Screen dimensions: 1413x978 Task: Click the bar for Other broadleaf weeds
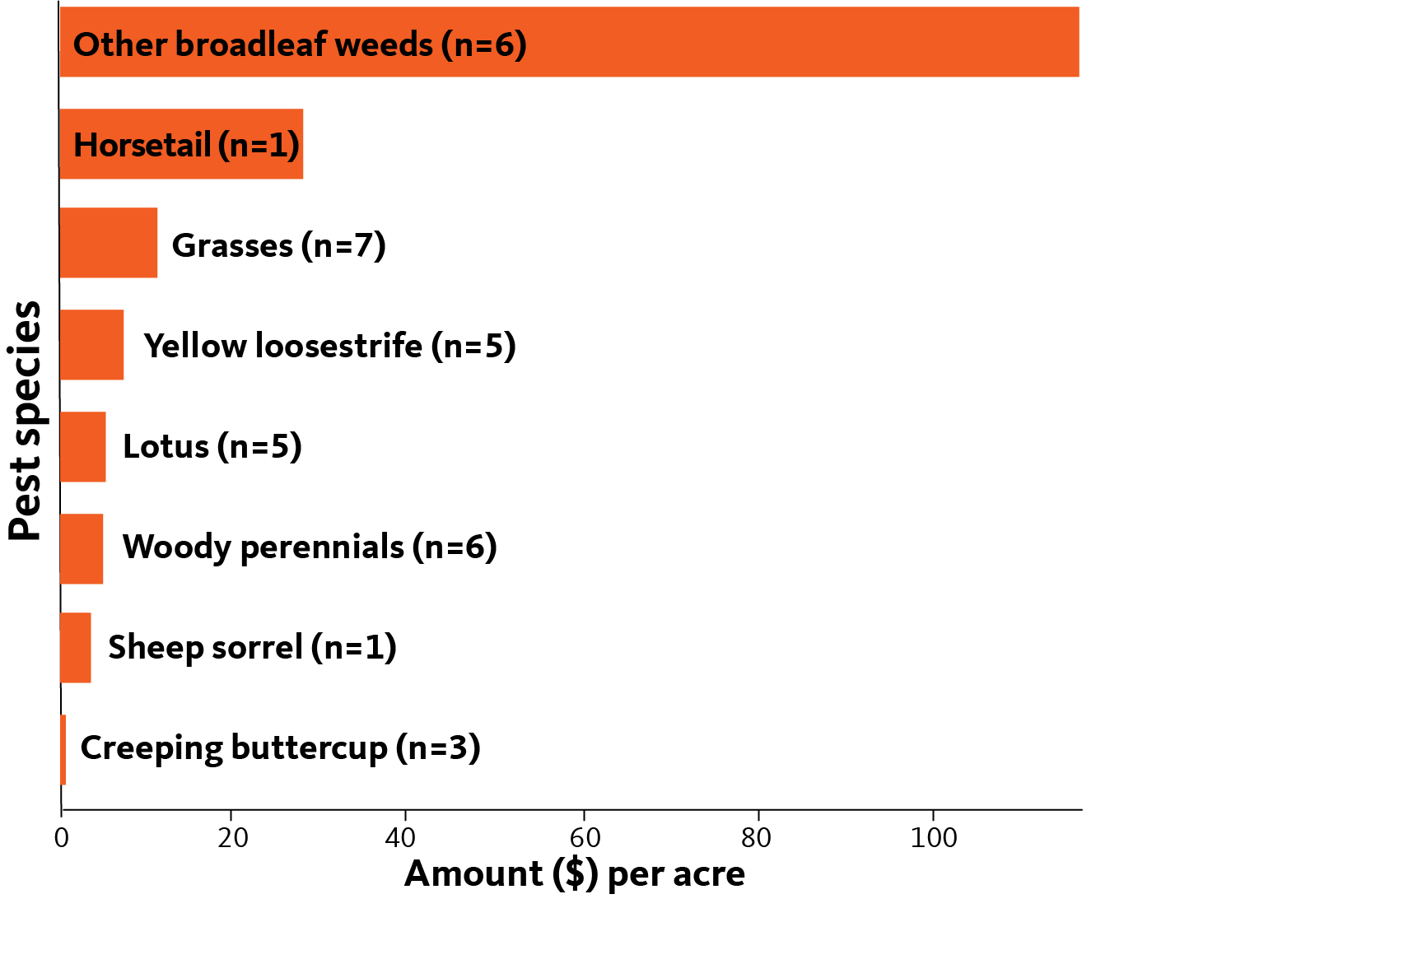569,42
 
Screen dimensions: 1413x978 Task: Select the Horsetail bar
181,144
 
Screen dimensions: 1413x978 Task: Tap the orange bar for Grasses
109,243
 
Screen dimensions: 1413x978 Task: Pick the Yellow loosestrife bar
91,345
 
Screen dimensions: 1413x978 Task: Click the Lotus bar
82,447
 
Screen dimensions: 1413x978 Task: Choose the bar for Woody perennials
82,549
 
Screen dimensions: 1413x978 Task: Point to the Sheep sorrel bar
75,648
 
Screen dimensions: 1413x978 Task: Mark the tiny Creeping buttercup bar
63,750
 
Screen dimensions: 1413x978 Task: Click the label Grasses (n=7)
279,245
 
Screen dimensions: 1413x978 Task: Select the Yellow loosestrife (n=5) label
330,346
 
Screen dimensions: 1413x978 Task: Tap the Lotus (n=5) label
212,446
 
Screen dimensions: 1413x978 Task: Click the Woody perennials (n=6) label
310,547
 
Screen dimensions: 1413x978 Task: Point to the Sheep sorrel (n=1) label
253,647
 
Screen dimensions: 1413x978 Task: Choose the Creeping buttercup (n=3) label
281,748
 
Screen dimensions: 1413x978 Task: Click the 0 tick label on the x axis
61,838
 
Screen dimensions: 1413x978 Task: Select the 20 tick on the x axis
233,838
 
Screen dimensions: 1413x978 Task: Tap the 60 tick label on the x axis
585,838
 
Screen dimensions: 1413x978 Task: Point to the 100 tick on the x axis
934,838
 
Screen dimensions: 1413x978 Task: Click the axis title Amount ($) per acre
575,874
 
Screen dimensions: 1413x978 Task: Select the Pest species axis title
26,420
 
